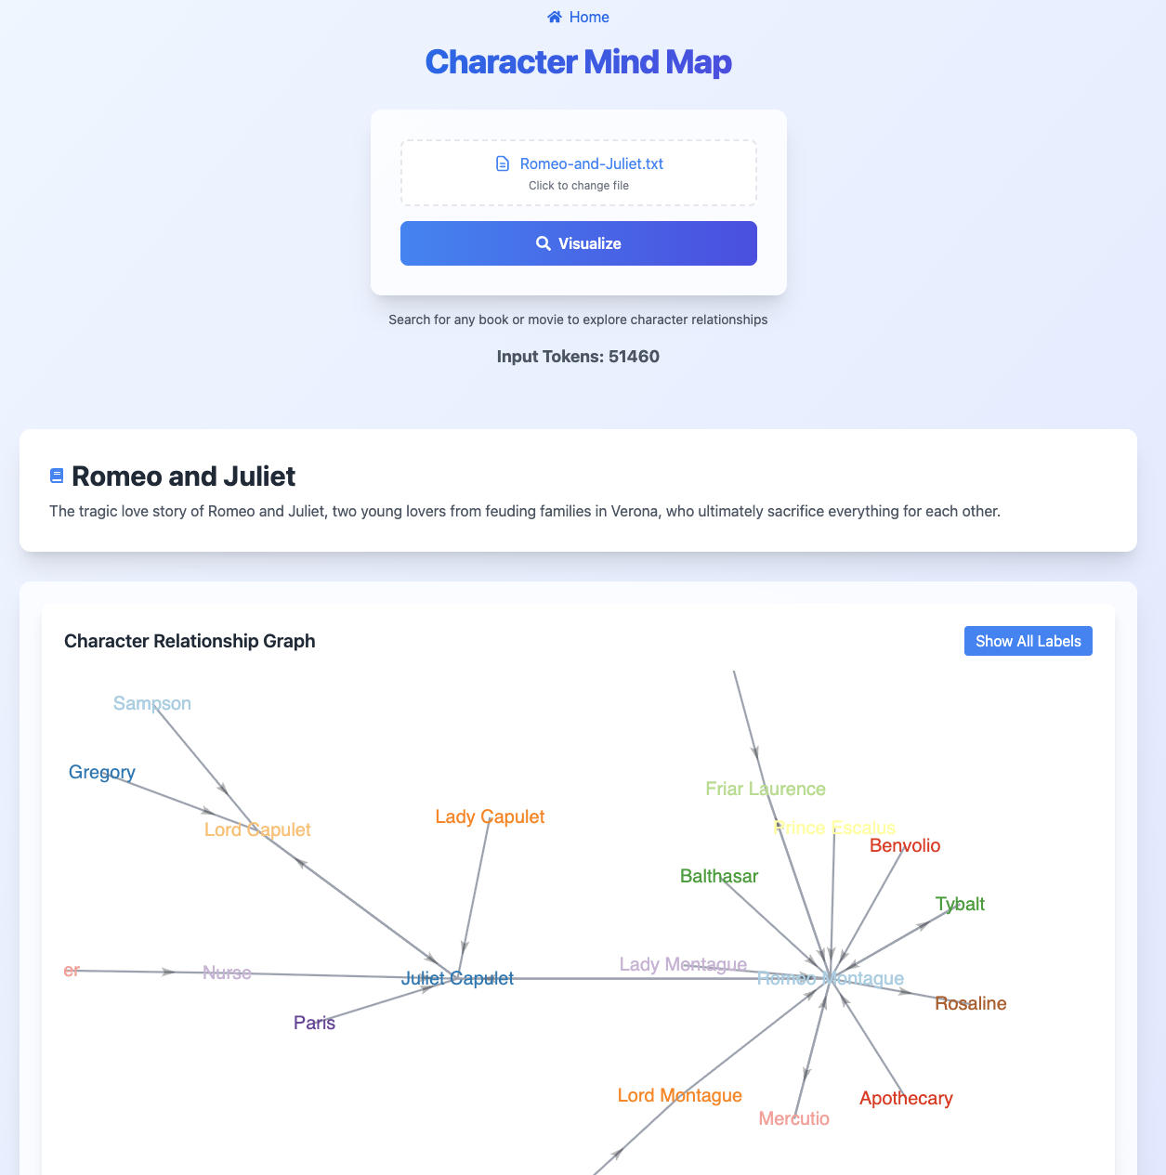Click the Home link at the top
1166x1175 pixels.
click(579, 18)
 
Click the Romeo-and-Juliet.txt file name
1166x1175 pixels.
click(591, 164)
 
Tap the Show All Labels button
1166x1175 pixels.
click(1028, 641)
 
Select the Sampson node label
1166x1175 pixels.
click(152, 704)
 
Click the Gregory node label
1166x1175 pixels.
click(102, 773)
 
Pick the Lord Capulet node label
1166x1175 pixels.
click(257, 830)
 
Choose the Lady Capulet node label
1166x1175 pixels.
click(490, 817)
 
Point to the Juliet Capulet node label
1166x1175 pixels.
click(457, 979)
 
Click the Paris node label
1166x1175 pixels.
click(314, 1024)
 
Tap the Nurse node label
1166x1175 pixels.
click(227, 973)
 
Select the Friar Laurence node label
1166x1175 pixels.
click(766, 790)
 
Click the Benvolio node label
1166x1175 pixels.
click(905, 846)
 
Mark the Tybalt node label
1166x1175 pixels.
click(960, 905)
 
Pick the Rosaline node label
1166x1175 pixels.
click(970, 1004)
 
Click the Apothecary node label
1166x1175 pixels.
click(906, 1099)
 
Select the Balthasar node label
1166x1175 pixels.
click(719, 877)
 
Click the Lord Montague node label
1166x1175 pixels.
click(679, 1096)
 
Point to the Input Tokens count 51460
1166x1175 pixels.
click(634, 357)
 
